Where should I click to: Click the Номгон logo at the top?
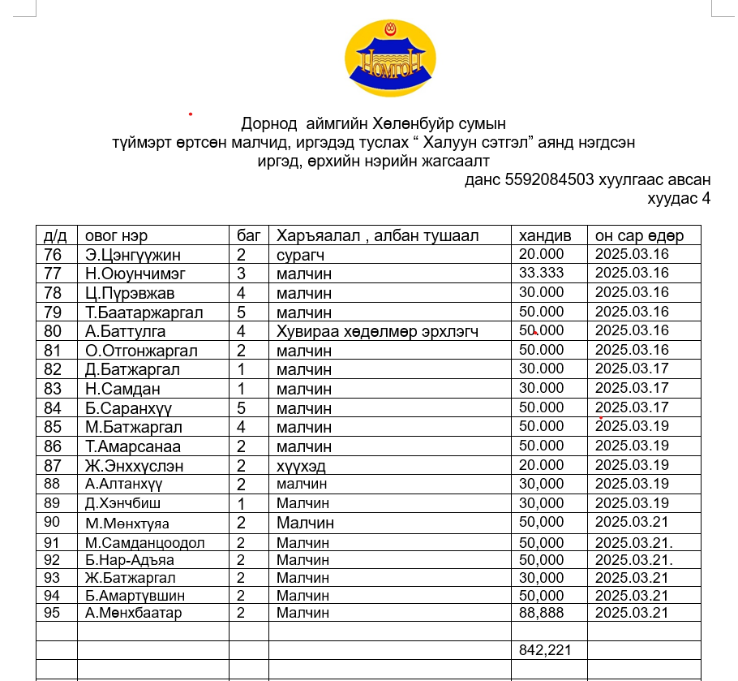[390, 58]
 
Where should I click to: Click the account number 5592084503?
[549, 179]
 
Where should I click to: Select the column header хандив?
[545, 235]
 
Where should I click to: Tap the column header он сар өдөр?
[639, 235]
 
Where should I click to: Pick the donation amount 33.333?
[541, 274]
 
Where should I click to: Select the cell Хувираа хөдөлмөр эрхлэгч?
[377, 331]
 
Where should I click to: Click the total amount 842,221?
[545, 649]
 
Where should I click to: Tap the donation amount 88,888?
[541, 613]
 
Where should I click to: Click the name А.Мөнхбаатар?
[134, 613]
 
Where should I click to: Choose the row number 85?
[53, 427]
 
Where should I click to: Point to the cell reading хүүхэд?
[303, 466]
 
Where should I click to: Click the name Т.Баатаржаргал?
[144, 312]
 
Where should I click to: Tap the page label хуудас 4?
[678, 198]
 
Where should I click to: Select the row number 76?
[53, 255]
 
